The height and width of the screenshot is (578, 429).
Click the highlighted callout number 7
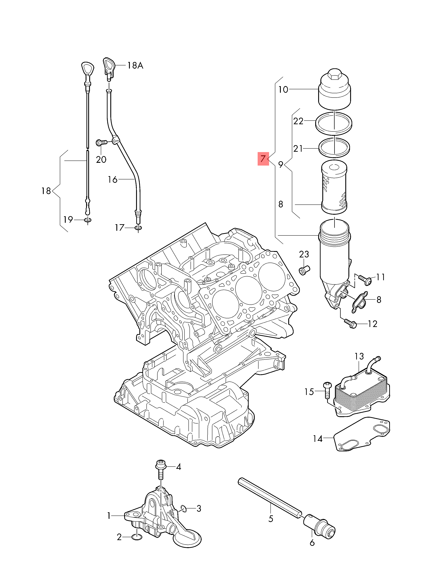coord(263,158)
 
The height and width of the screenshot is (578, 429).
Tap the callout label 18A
coord(135,65)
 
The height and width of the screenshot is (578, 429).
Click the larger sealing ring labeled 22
coord(334,123)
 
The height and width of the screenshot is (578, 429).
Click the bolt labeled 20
coord(102,142)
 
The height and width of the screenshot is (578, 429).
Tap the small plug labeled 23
coord(304,270)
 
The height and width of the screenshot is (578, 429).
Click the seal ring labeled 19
coord(88,220)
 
